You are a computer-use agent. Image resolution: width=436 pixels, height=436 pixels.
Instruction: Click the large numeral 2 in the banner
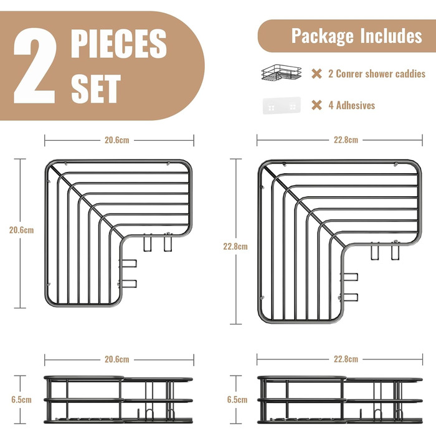pyautogui.click(x=35, y=66)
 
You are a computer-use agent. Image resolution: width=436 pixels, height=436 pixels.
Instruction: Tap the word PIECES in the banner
pyautogui.click(x=119, y=44)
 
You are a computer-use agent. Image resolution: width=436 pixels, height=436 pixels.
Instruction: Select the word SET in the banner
pyautogui.click(x=96, y=88)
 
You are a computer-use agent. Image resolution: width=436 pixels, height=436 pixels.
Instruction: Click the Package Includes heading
pyautogui.click(x=357, y=36)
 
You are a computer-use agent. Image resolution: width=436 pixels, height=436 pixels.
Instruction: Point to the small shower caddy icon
pyautogui.click(x=282, y=73)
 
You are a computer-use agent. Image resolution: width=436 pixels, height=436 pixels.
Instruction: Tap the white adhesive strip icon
pyautogui.click(x=282, y=105)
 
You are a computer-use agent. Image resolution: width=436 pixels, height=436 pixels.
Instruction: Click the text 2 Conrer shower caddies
pyautogui.click(x=377, y=73)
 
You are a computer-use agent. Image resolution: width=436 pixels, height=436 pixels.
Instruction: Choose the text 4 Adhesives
pyautogui.click(x=352, y=105)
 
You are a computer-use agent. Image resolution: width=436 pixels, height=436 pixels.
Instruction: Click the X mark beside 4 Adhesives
pyautogui.click(x=316, y=105)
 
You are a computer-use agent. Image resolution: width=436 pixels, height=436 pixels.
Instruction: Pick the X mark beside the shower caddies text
pyautogui.click(x=316, y=73)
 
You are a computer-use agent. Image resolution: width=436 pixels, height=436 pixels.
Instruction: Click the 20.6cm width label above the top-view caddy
pyautogui.click(x=117, y=140)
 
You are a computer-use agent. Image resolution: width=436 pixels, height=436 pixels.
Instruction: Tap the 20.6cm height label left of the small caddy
pyautogui.click(x=21, y=230)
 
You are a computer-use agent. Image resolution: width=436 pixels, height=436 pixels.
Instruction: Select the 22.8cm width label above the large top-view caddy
pyautogui.click(x=346, y=140)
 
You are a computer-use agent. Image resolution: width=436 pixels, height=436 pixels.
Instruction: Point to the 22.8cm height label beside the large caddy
pyautogui.click(x=235, y=247)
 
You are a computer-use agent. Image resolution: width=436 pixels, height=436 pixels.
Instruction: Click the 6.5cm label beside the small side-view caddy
pyautogui.click(x=21, y=400)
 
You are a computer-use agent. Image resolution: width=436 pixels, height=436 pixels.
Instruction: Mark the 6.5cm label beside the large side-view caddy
pyautogui.click(x=237, y=400)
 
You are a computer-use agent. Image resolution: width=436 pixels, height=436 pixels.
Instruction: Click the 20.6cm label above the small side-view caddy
pyautogui.click(x=117, y=359)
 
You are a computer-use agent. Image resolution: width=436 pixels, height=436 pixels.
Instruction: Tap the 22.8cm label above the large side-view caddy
pyautogui.click(x=346, y=359)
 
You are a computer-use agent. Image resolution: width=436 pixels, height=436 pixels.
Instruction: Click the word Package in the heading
pyautogui.click(x=323, y=36)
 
